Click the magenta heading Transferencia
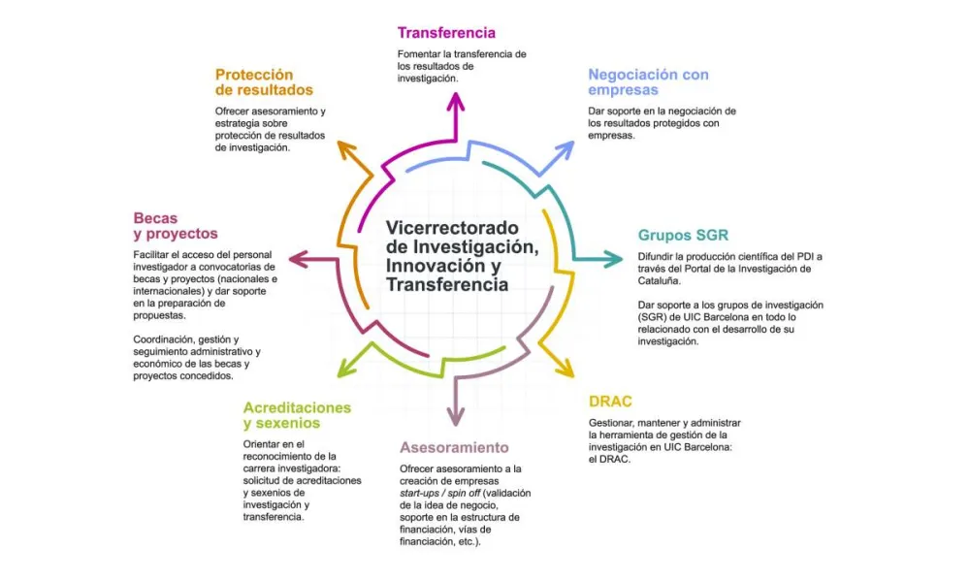click(446, 33)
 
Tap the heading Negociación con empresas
click(648, 82)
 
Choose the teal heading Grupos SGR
click(683, 235)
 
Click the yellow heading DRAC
click(611, 402)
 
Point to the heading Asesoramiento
click(454, 448)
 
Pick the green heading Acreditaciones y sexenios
click(297, 415)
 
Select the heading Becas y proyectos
click(176, 226)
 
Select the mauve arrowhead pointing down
click(455, 416)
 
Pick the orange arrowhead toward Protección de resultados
click(342, 148)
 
